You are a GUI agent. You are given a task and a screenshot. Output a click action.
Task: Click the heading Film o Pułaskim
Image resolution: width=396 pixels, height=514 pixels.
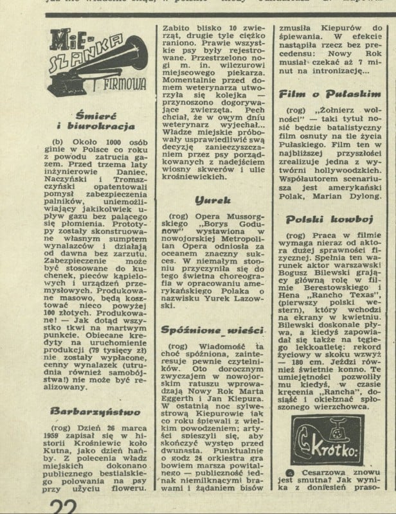tap(330, 94)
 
